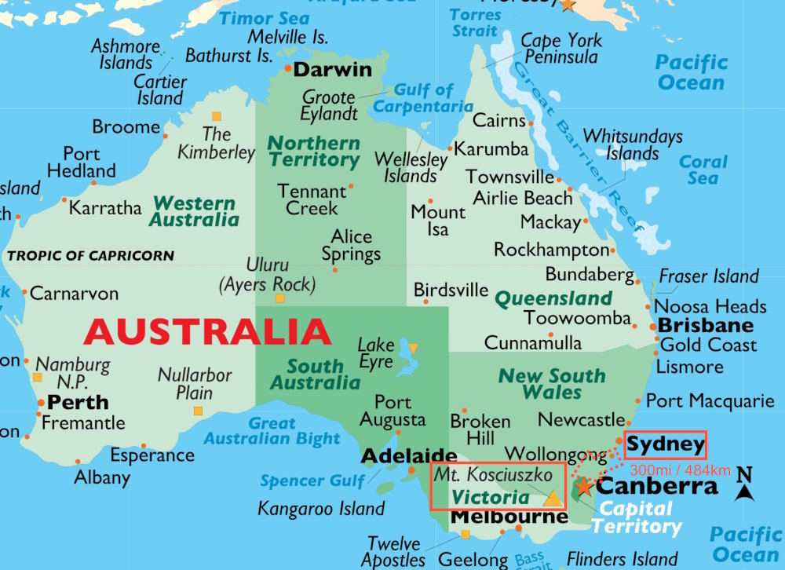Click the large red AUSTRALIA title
pos(207,332)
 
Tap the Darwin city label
pos(332,69)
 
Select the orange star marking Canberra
pos(583,487)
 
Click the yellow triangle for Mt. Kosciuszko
pos(553,497)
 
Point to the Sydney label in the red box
pos(666,445)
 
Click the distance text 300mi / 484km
pos(680,470)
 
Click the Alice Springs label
pos(351,245)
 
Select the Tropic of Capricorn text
pos(90,256)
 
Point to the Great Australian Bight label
pos(272,431)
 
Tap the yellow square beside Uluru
pos(279,298)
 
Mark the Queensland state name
pos(553,298)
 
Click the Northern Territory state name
pos(313,152)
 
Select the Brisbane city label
pos(705,325)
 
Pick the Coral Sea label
pos(703,170)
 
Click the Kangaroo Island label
pos(321,509)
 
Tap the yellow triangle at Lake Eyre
pos(413,348)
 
